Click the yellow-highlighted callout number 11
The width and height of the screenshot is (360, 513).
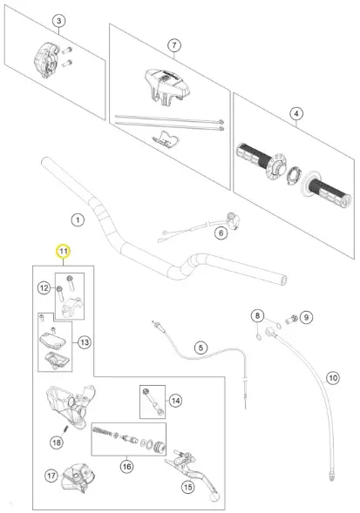64,251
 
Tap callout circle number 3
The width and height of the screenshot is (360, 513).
59,21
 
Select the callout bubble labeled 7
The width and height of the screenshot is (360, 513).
174,45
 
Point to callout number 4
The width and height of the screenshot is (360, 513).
296,114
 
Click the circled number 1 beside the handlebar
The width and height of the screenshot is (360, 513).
78,219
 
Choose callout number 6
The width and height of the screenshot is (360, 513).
221,233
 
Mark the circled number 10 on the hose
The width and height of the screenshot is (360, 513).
333,378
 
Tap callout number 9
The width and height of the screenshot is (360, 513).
306,317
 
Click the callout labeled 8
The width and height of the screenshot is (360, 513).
257,315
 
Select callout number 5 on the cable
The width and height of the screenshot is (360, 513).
200,348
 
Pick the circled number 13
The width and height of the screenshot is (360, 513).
85,342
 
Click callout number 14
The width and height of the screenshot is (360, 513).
175,401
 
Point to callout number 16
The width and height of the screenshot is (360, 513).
126,466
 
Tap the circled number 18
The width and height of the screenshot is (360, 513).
57,442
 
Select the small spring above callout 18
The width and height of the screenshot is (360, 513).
65,429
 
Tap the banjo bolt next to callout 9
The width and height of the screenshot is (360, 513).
291,319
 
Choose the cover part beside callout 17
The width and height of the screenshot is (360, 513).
78,478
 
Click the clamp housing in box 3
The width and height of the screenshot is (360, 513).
47,60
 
